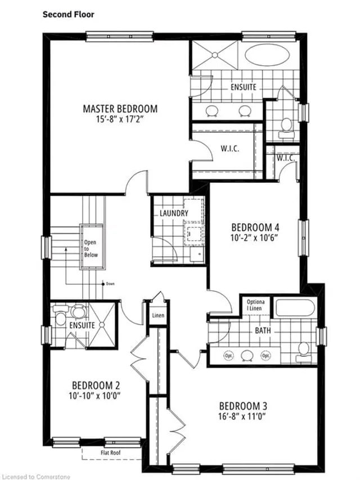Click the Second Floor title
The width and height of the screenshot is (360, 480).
66,14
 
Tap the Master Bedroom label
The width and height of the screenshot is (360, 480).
120,109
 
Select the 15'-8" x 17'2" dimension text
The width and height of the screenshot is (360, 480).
120,119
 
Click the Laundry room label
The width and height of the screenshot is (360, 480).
173,213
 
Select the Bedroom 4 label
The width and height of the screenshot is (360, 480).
255,227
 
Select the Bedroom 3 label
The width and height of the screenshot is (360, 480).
242,406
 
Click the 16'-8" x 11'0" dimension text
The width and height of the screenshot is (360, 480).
242,416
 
